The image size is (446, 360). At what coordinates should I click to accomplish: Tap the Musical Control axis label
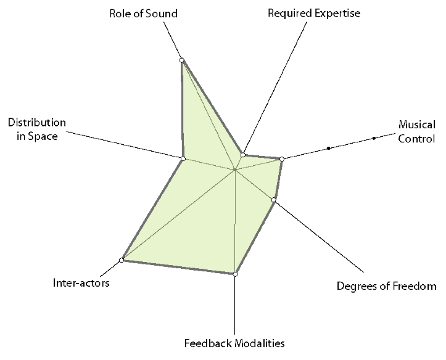coord(416,131)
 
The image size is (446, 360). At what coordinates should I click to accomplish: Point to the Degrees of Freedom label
coord(386,286)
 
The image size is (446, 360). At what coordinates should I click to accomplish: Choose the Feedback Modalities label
coord(234,343)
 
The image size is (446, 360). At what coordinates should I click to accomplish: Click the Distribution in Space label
coord(36,129)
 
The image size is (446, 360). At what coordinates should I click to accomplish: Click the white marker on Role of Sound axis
coord(182,60)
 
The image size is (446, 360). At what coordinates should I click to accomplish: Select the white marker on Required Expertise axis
coord(243,155)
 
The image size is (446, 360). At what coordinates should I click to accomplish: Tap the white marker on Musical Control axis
coord(282,160)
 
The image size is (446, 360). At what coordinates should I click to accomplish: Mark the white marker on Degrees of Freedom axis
coord(274,199)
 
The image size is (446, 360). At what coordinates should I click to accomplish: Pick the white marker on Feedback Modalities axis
coord(235,274)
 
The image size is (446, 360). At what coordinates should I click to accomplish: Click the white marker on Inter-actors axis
coord(122,260)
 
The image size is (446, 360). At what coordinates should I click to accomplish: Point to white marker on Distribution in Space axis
coord(183,158)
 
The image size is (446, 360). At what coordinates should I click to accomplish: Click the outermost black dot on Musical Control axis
coord(374,138)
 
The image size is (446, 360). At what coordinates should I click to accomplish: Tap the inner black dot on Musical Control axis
coord(329,148)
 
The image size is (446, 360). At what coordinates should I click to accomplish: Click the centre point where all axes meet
coord(235,169)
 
